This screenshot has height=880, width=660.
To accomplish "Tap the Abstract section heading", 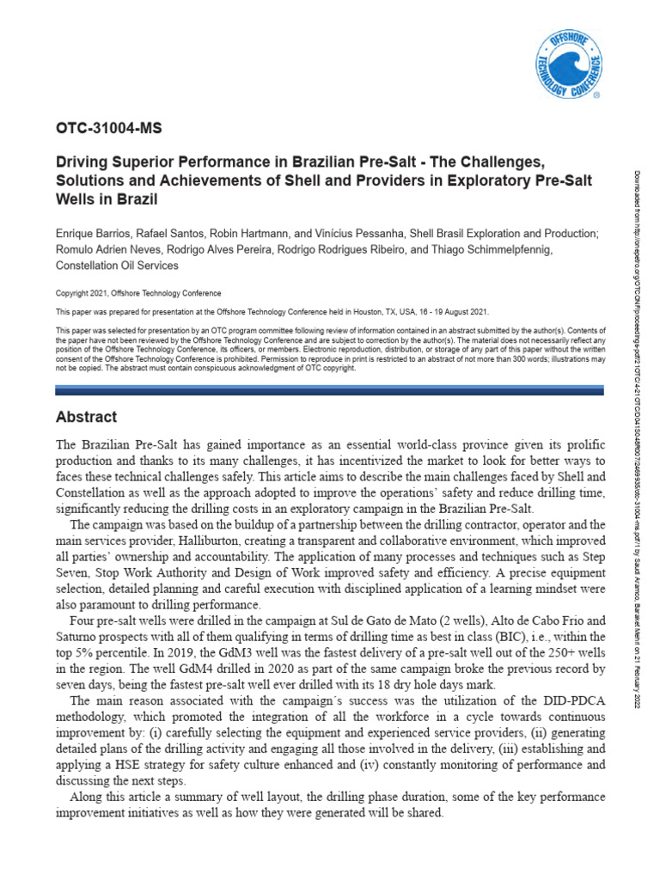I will (x=86, y=417).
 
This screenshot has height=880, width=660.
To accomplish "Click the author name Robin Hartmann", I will (x=254, y=234).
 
